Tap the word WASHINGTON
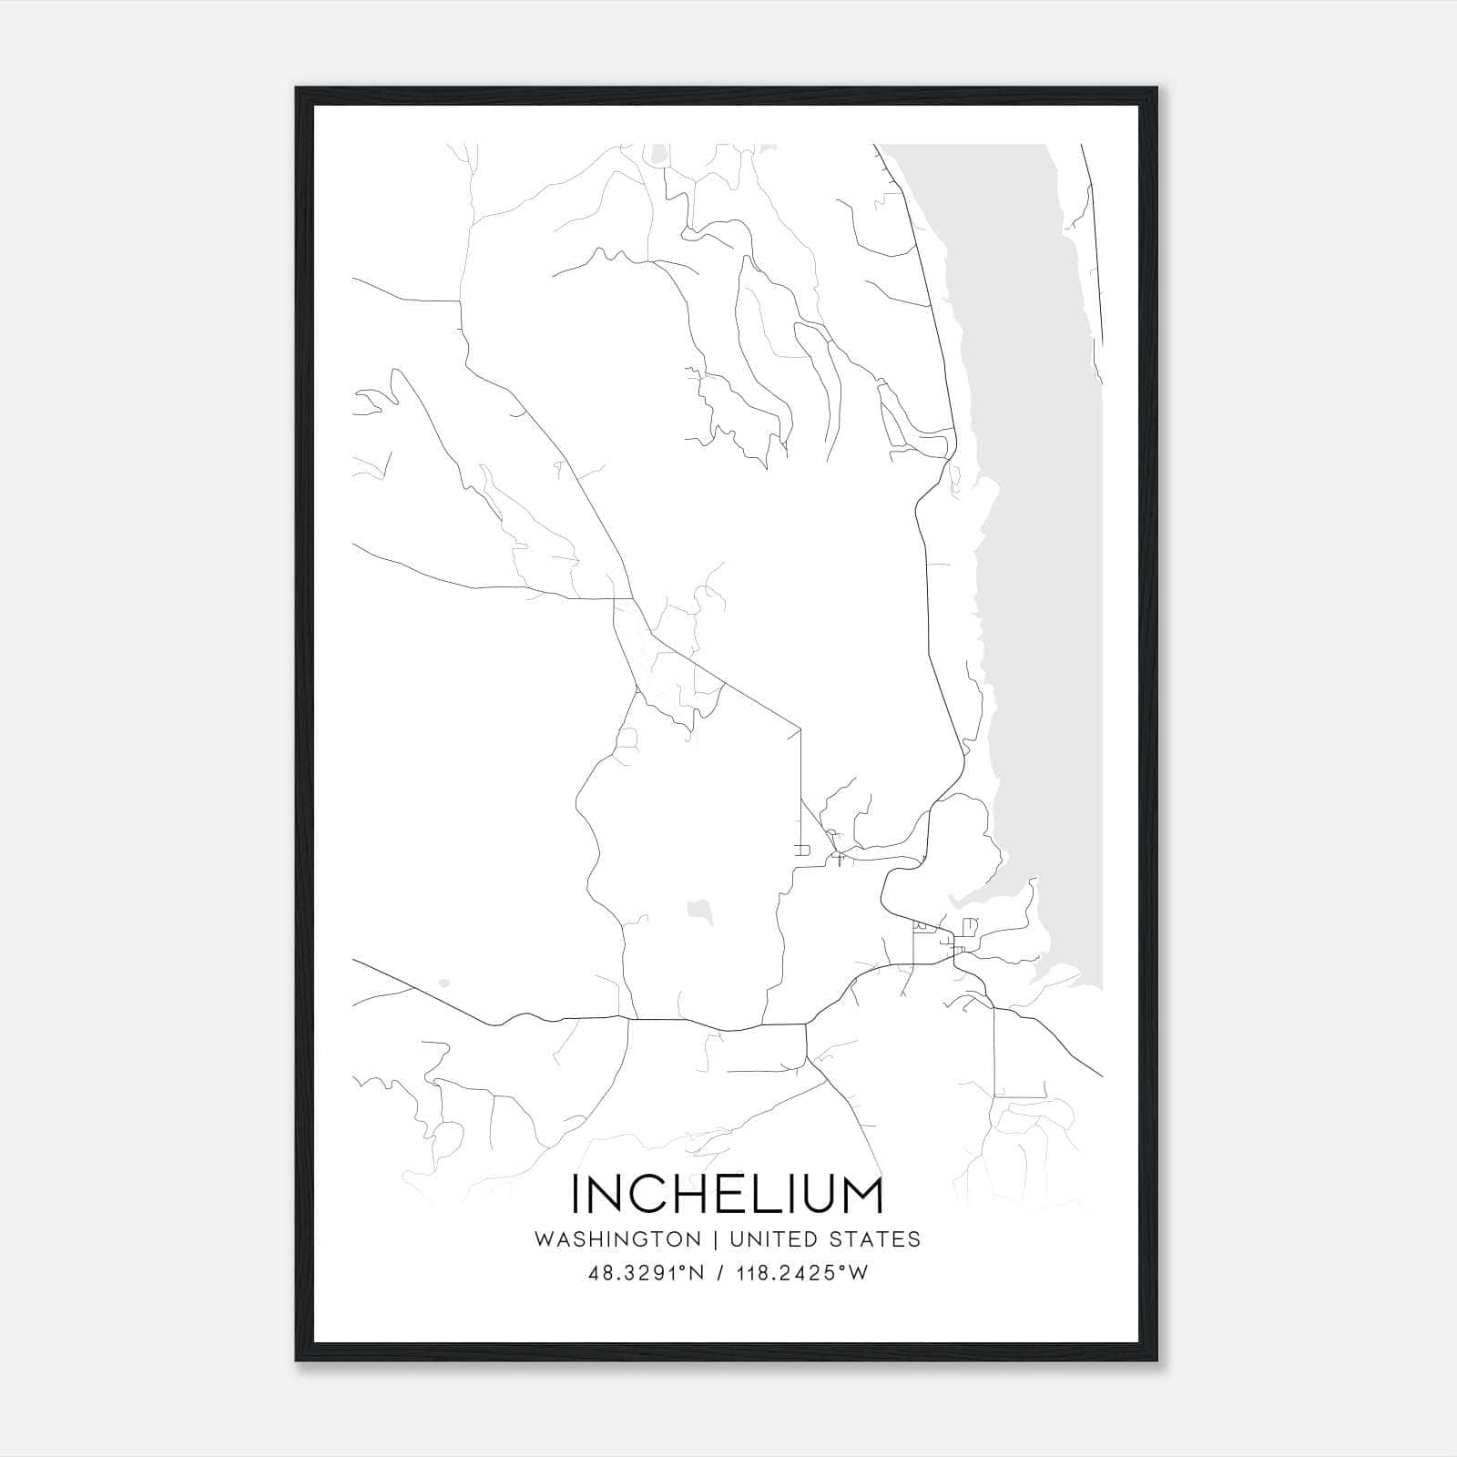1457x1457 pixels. tap(617, 1239)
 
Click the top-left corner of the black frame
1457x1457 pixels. tap(298, 89)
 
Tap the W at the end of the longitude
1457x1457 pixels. tap(859, 1273)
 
